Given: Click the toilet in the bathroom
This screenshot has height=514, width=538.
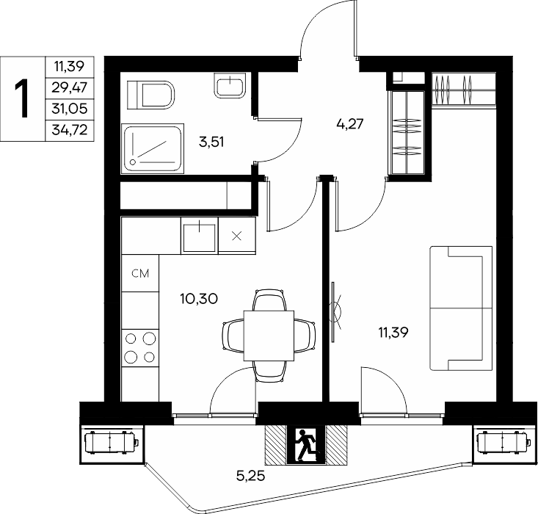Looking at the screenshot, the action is (150, 95).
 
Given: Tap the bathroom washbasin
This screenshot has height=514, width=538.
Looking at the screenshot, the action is (230, 85).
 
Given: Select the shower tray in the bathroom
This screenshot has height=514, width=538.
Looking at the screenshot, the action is (153, 148).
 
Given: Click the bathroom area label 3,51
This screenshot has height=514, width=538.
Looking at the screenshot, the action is (211, 142).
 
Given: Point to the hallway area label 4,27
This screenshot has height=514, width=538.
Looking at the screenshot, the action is (350, 123).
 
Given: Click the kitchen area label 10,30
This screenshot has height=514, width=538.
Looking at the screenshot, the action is (199, 299).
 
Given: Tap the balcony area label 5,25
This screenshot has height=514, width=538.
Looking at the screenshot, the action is (251, 476).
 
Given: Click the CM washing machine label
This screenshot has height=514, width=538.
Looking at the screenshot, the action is (140, 273).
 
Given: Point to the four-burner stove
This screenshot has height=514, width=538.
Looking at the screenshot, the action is (140, 347).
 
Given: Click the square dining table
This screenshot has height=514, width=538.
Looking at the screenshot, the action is (269, 336).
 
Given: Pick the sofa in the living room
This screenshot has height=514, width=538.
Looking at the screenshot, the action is (461, 308).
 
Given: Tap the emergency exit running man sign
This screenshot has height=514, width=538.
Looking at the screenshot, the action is (306, 445).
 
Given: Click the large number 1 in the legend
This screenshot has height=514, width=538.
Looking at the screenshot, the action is (22, 98).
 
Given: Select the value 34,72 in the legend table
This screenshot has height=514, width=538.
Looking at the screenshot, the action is (70, 130).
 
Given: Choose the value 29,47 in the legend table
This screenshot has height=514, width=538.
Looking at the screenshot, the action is (70, 87).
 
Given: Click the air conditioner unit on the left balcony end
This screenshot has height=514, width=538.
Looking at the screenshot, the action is (112, 444).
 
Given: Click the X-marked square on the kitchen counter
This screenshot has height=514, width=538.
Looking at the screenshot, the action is (237, 236).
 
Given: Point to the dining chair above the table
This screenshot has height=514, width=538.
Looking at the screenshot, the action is (269, 300).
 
